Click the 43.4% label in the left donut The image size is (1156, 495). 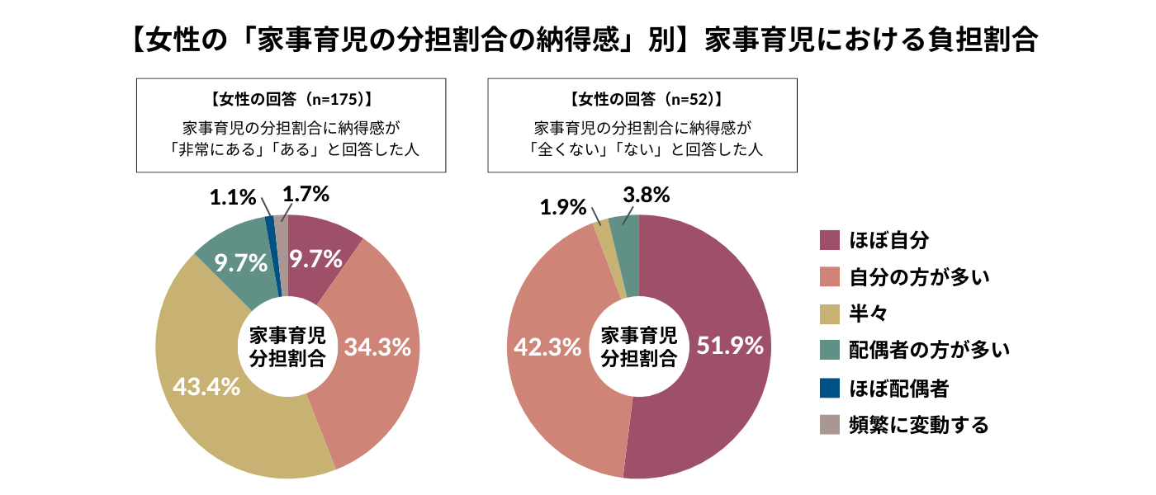[x=206, y=385]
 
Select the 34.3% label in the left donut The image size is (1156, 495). [x=377, y=347]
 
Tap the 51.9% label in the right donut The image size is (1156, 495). [x=730, y=346]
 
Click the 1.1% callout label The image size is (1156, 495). [x=234, y=197]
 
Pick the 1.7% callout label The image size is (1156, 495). [x=306, y=195]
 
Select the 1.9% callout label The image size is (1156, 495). [x=564, y=207]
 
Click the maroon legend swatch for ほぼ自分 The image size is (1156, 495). [x=830, y=240]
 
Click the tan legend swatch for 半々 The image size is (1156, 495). [x=830, y=313]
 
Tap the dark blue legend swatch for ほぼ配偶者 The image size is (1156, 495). [x=830, y=387]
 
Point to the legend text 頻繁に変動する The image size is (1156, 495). [x=919, y=424]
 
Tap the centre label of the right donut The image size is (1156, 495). [x=638, y=346]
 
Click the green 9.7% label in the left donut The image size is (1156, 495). [x=240, y=263]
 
